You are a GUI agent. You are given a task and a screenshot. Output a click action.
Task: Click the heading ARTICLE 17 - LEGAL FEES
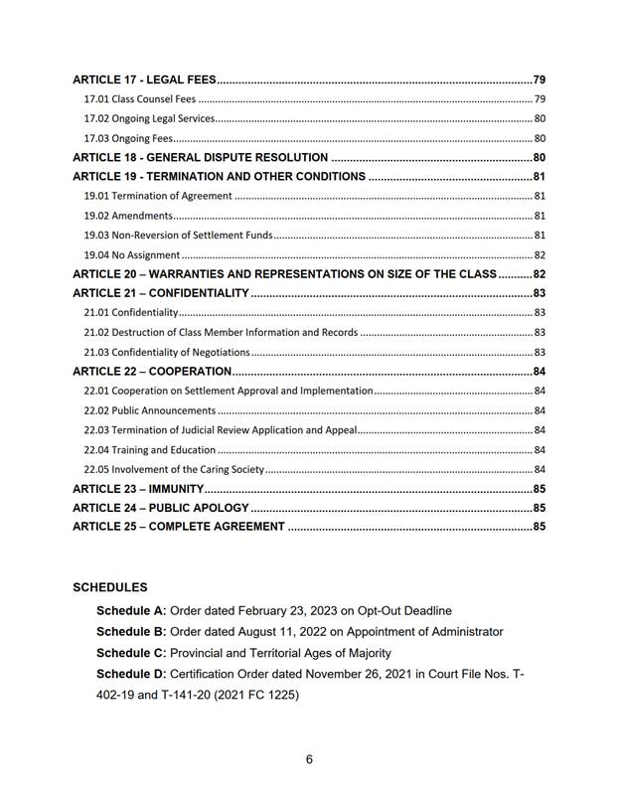point(144,80)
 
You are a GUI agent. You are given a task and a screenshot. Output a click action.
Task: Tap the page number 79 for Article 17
point(540,80)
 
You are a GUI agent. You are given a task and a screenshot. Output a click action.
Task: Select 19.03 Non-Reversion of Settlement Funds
point(178,236)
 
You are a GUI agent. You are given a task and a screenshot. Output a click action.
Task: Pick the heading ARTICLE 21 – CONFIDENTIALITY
point(160,293)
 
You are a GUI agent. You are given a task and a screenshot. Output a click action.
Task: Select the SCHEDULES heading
point(110,588)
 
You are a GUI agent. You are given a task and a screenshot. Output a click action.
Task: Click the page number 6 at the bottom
point(309,760)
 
